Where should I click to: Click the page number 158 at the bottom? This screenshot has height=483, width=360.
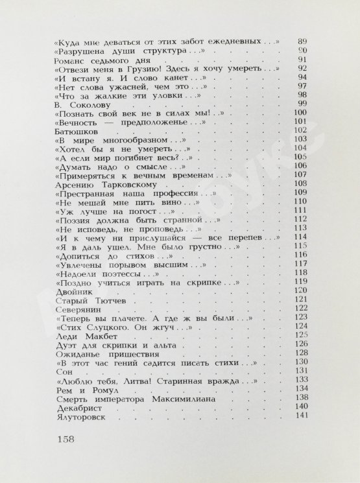(63, 439)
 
